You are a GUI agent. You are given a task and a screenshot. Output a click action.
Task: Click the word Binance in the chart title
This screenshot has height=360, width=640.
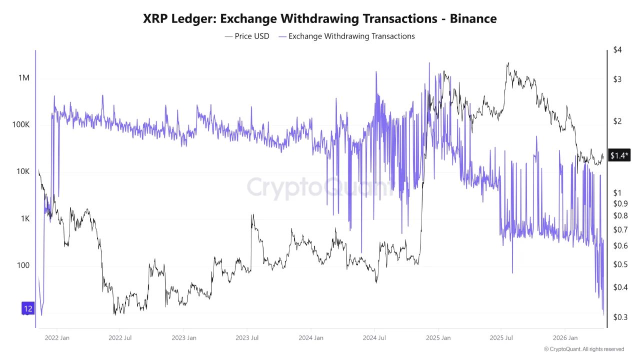(473, 18)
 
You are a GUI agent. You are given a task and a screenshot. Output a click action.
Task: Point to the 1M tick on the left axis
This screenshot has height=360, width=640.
(24, 78)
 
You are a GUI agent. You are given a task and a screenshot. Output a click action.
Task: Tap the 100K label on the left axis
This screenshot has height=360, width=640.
(20, 124)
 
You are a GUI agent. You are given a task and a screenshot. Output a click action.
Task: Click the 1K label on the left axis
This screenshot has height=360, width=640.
(24, 218)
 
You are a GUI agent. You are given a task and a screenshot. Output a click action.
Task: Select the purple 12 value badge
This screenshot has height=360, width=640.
(28, 308)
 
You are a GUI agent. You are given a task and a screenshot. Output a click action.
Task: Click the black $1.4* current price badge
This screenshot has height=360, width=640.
(619, 155)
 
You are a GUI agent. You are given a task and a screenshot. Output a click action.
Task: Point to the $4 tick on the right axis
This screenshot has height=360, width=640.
(617, 50)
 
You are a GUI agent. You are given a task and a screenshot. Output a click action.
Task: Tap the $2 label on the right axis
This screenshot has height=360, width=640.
(617, 121)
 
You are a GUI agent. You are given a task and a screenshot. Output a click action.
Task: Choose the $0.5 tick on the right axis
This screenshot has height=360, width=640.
(620, 264)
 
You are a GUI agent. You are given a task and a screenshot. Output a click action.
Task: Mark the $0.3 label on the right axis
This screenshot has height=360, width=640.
(620, 316)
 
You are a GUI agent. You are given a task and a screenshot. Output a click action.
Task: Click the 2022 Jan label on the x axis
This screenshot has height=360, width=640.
(56, 338)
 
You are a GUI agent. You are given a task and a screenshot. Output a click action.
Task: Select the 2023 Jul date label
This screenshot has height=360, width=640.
(247, 338)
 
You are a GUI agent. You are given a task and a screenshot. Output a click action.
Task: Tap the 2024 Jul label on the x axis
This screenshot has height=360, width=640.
(374, 338)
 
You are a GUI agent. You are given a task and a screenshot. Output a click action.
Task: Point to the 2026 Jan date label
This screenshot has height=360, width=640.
(565, 338)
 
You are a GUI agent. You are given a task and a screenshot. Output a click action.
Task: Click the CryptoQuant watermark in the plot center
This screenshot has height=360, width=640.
(320, 187)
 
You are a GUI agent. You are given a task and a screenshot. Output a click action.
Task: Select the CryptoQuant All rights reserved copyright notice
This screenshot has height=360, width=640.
(583, 349)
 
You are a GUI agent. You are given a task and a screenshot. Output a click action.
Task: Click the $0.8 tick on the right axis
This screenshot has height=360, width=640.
(620, 215)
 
